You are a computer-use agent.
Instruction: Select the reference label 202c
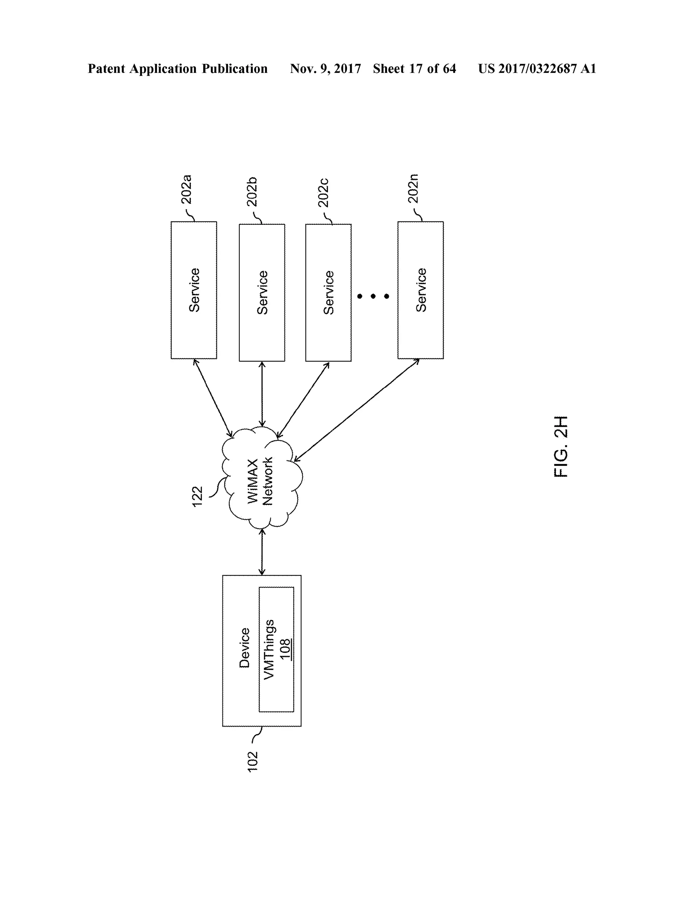pyautogui.click(x=323, y=192)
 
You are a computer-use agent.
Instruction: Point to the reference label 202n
pyautogui.click(x=413, y=188)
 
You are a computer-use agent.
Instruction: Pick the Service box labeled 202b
pyautogui.click(x=262, y=292)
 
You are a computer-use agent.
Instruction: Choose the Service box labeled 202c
pyautogui.click(x=328, y=292)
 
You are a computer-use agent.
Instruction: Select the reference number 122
pyautogui.click(x=197, y=496)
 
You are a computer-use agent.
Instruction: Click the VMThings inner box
pyautogui.click(x=276, y=649)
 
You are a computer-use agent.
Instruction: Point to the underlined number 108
pyautogui.click(x=285, y=649)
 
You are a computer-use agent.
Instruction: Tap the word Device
pyautogui.click(x=244, y=648)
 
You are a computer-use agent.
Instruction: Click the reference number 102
pyautogui.click(x=252, y=761)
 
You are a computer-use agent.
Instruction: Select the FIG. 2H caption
pyautogui.click(x=561, y=447)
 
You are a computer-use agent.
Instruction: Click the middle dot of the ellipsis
pyautogui.click(x=373, y=296)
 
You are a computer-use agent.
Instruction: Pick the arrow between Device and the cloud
pyautogui.click(x=262, y=551)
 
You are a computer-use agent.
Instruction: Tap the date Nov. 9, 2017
pyautogui.click(x=325, y=69)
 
